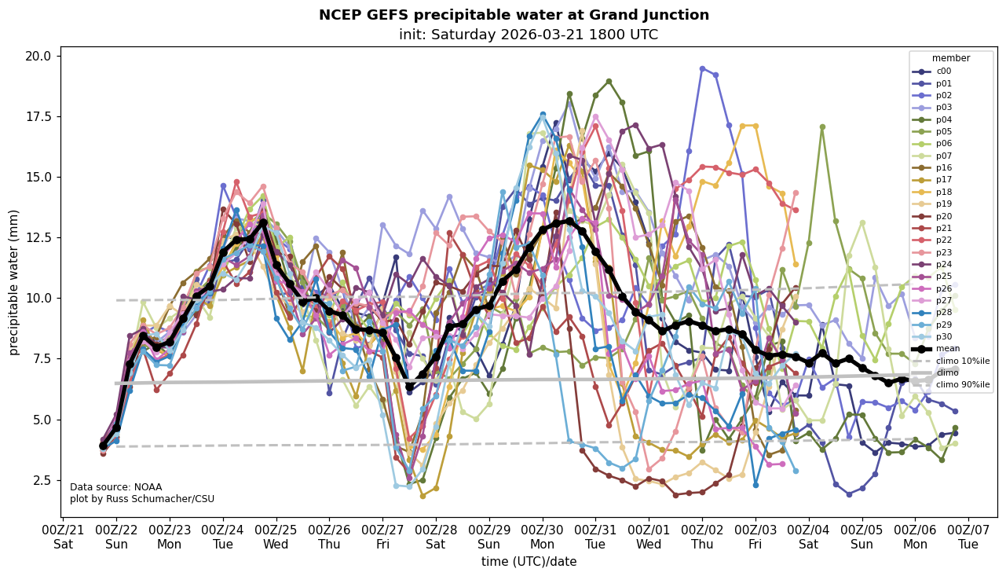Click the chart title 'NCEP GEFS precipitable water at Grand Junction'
[x=514, y=15]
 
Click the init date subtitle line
[x=528, y=35]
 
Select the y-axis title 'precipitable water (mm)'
[x=14, y=282]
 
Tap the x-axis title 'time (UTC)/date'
[x=529, y=561]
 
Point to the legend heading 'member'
[x=951, y=58]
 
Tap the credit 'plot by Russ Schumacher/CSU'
[x=142, y=499]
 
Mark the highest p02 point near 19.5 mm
[x=702, y=69]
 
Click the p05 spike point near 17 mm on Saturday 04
[x=822, y=127]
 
